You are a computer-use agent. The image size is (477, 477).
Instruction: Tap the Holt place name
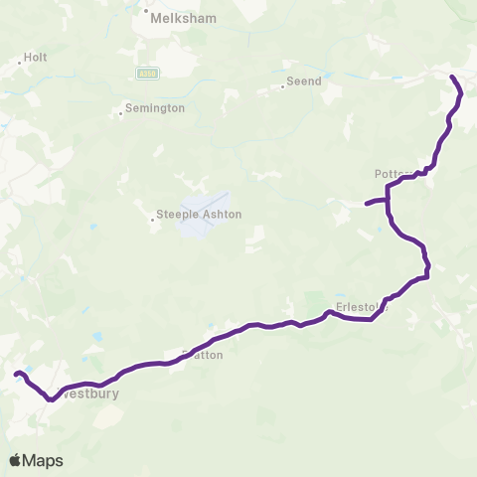(x=36, y=58)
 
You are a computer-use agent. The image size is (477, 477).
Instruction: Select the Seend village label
(x=304, y=81)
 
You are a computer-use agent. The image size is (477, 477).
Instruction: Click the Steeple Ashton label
(x=199, y=214)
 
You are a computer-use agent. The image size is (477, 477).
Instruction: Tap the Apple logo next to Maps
(x=16, y=460)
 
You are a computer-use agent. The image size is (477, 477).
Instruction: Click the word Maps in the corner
(x=44, y=460)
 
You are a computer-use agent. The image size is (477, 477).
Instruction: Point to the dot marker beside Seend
(x=282, y=86)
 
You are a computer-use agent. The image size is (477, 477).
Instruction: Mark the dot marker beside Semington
(x=120, y=112)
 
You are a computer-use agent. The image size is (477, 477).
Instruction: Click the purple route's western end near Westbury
(x=16, y=374)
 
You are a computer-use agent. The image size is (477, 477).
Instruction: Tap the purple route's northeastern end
(x=452, y=77)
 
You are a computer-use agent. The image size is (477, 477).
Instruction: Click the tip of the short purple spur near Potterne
(x=367, y=205)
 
